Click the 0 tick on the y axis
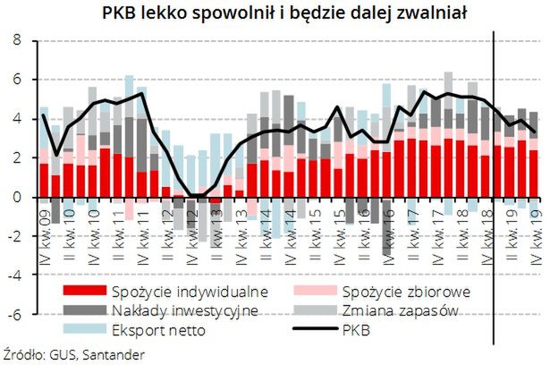[x=17, y=197]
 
